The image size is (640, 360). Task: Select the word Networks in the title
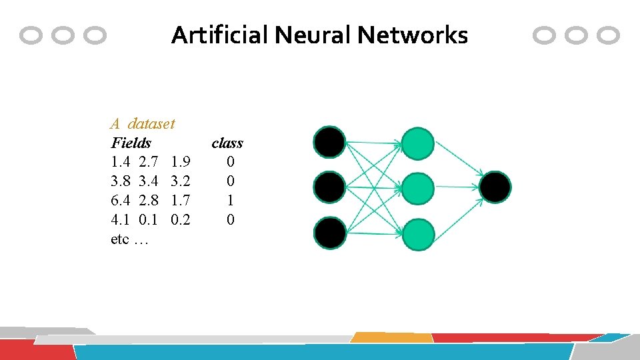(413, 35)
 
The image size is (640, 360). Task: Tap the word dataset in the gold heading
(151, 123)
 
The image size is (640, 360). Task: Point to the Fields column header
(131, 143)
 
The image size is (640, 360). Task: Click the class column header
(227, 143)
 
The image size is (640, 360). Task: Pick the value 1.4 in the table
(120, 162)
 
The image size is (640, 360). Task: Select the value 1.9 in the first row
(181, 162)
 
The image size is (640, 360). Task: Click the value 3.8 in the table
(120, 181)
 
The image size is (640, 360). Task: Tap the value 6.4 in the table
(120, 200)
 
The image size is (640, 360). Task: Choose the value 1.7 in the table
(181, 200)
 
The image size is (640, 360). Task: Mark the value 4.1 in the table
(120, 219)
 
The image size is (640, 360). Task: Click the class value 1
(230, 200)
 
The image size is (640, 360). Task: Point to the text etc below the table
(120, 239)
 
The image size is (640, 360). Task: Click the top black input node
(330, 142)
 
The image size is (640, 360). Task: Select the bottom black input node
(330, 234)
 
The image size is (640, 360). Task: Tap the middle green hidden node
(419, 189)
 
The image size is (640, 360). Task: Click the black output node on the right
(495, 187)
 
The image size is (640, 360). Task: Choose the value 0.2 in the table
(181, 219)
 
